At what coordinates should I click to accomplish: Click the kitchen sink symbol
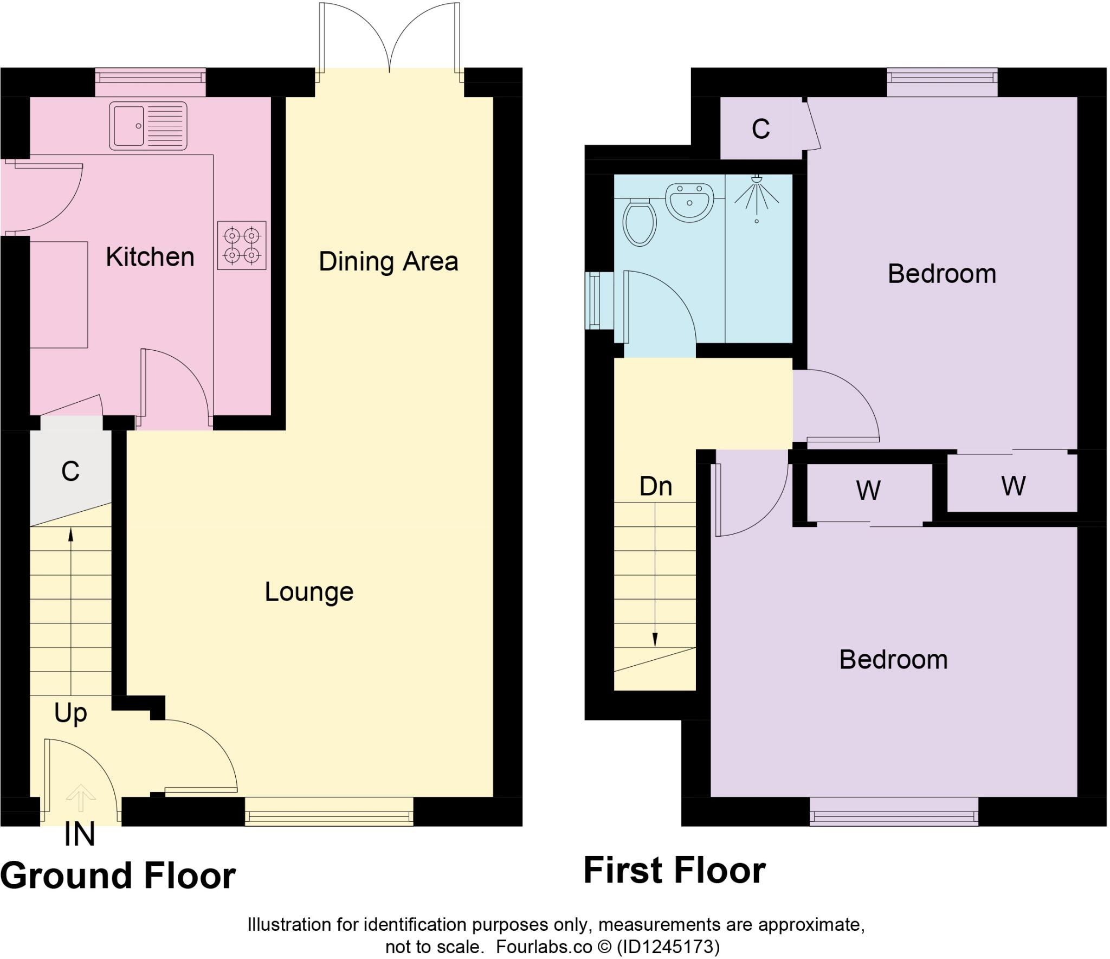coord(148,126)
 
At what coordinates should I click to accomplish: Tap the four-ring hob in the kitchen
coord(242,245)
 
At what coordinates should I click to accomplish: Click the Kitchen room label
coord(150,257)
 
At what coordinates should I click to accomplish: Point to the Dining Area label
coord(388,261)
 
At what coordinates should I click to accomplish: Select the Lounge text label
coord(309,591)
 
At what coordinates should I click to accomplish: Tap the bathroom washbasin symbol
coord(689,202)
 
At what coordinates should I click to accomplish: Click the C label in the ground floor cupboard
coord(70,471)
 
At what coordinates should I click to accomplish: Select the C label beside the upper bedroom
coord(760,129)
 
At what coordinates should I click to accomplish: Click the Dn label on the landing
coord(656,486)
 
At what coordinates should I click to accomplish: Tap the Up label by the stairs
coord(70,713)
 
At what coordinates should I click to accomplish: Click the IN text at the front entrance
coord(80,835)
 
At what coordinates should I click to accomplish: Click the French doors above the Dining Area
coord(389,38)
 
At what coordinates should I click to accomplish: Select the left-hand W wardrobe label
coord(868,491)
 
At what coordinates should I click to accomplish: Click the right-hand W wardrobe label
coord(1013,486)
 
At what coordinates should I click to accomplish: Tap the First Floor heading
coord(674,870)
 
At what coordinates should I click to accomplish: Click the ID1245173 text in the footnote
coord(668,947)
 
